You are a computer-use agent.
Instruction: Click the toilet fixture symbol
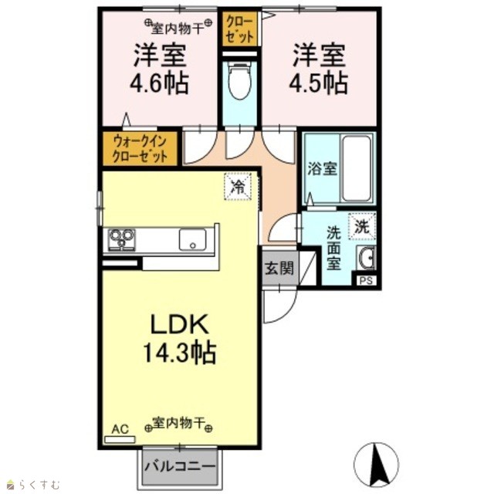[x=240, y=80]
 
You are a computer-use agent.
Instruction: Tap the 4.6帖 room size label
[x=160, y=83]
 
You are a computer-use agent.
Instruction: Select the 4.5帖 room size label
[x=319, y=83]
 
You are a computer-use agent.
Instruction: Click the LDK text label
[x=180, y=324]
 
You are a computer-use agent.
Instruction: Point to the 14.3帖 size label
[x=180, y=353]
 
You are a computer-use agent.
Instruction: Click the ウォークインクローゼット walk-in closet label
[x=139, y=148]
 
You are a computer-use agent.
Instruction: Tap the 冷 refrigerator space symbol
[x=238, y=187]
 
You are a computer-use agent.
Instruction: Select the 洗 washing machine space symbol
[x=362, y=226]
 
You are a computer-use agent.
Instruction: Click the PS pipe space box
[x=367, y=280]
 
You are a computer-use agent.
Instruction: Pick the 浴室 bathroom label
[x=323, y=168]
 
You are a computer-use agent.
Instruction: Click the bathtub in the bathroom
[x=357, y=168]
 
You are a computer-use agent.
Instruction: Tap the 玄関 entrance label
[x=279, y=268]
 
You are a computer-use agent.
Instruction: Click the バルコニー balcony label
[x=180, y=466]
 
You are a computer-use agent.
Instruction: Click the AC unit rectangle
[x=120, y=439]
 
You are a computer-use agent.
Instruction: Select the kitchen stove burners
[x=122, y=240]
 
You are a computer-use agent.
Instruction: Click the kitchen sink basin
[x=193, y=240]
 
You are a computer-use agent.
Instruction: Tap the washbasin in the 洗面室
[x=367, y=258]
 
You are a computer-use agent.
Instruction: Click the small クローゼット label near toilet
[x=239, y=29]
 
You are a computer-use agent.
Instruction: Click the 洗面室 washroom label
[x=333, y=249]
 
